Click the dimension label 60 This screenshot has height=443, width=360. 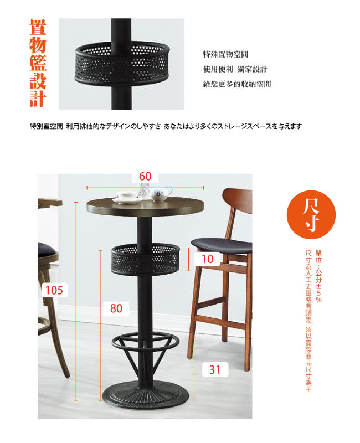pos(145,176)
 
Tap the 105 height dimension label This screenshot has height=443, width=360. pos(54,290)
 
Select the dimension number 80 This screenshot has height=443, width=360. pos(116,308)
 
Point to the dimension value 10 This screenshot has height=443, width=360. pos(207,259)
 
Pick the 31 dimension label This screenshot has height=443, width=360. pos(215,369)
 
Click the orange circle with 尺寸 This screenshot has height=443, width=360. pos(311,214)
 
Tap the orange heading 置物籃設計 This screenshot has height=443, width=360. pos(38,63)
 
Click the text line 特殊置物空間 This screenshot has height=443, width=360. pos(225,54)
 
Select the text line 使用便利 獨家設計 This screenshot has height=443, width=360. pos(235,69)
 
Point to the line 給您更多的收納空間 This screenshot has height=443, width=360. pos(237,84)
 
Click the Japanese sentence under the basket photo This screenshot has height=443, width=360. pos(166,126)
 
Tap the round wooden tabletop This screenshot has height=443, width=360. pos(146,207)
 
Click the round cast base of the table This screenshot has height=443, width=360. pos(146,395)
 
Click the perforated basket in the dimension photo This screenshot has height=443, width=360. pos(145,259)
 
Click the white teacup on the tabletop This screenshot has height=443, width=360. pos(127,197)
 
